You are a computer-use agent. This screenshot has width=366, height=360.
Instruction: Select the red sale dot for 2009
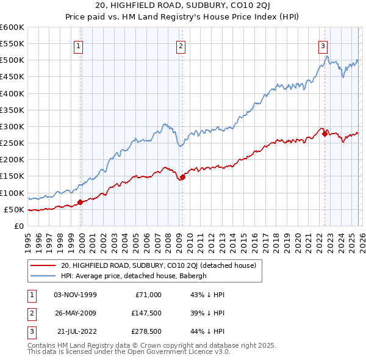pyautogui.click(x=182, y=177)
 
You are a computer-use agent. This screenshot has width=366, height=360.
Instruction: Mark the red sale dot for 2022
pyautogui.click(x=325, y=134)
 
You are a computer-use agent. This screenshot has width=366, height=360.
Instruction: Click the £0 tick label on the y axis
pyautogui.click(x=18, y=226)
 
